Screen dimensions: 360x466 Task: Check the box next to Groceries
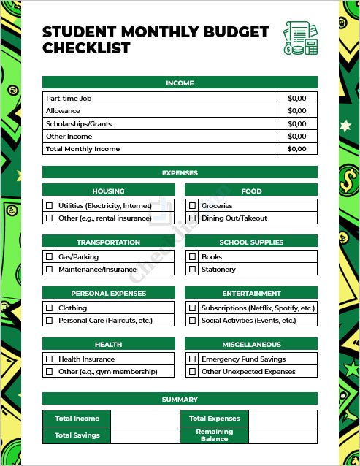[x=192, y=206]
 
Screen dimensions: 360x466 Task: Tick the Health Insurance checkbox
[x=49, y=359]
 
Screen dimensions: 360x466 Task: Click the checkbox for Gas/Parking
[x=49, y=257]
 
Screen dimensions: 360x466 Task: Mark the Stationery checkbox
[x=192, y=270]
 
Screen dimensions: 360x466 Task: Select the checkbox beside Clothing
[x=49, y=308]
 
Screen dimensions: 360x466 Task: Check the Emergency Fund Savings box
[x=192, y=359]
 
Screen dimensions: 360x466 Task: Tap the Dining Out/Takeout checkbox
[x=192, y=218]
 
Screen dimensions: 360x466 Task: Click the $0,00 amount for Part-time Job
[x=296, y=98]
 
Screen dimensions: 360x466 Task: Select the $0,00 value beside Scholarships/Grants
[x=296, y=123]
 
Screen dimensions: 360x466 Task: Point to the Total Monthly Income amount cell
[x=296, y=149]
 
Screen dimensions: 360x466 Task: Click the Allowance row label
[x=63, y=111]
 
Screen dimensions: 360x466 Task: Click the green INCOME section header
[x=180, y=83]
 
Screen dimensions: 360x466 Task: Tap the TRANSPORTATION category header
[x=108, y=242]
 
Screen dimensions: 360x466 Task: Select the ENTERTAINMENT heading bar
[x=251, y=293]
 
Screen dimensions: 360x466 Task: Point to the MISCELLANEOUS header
[x=251, y=344]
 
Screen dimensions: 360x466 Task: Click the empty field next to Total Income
[x=145, y=419]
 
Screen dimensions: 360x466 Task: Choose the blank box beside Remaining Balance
[x=283, y=435]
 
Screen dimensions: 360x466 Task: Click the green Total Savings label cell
[x=77, y=435]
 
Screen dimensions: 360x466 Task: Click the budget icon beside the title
[x=301, y=39]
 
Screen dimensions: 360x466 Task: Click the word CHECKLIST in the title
[x=86, y=49]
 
